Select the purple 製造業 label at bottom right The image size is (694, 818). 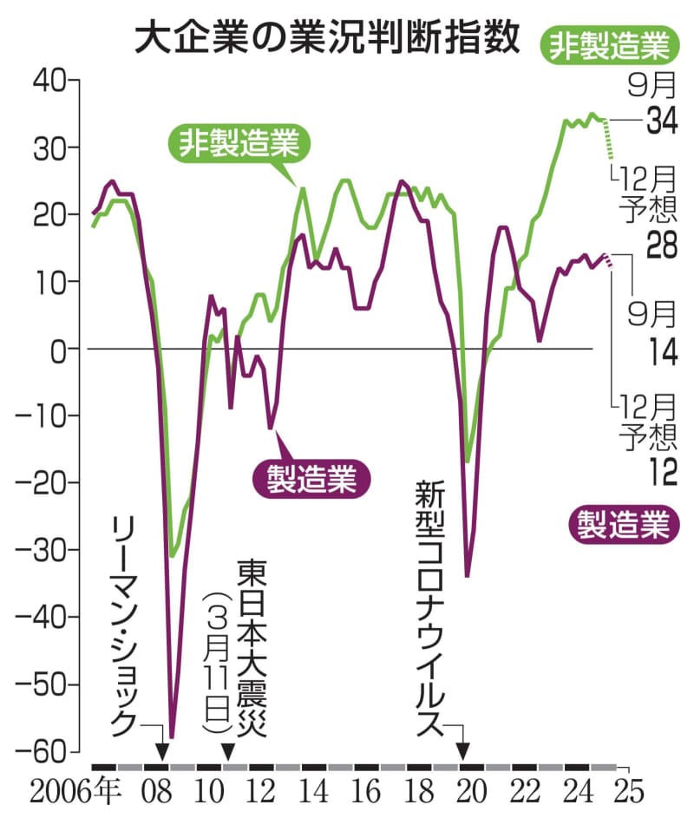click(x=622, y=524)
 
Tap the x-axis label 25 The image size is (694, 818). click(x=626, y=791)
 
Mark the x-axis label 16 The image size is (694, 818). click(x=367, y=791)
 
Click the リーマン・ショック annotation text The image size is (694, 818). click(x=125, y=624)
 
